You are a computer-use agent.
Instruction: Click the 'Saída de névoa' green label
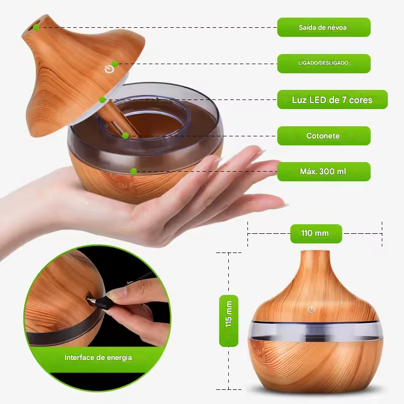[x=323, y=27]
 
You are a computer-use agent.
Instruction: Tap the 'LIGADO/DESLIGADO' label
[x=323, y=63]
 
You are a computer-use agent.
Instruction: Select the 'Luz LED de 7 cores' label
[x=332, y=99]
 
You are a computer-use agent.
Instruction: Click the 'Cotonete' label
[x=323, y=136]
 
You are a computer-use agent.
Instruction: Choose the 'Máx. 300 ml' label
[x=323, y=172]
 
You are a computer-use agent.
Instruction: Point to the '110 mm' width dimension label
[x=315, y=233]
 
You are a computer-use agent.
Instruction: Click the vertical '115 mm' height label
[x=229, y=320]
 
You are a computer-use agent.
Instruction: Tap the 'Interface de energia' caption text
[x=98, y=358]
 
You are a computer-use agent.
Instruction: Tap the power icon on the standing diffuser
[x=312, y=309]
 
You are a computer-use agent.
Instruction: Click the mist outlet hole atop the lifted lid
[x=37, y=27]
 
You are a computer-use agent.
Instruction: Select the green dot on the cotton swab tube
[x=125, y=135]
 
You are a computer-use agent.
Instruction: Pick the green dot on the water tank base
[x=133, y=171]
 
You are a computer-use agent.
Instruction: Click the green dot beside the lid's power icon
[x=115, y=64]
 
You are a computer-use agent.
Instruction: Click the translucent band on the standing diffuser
[x=313, y=331]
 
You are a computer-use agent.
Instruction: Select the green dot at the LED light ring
[x=102, y=99]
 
